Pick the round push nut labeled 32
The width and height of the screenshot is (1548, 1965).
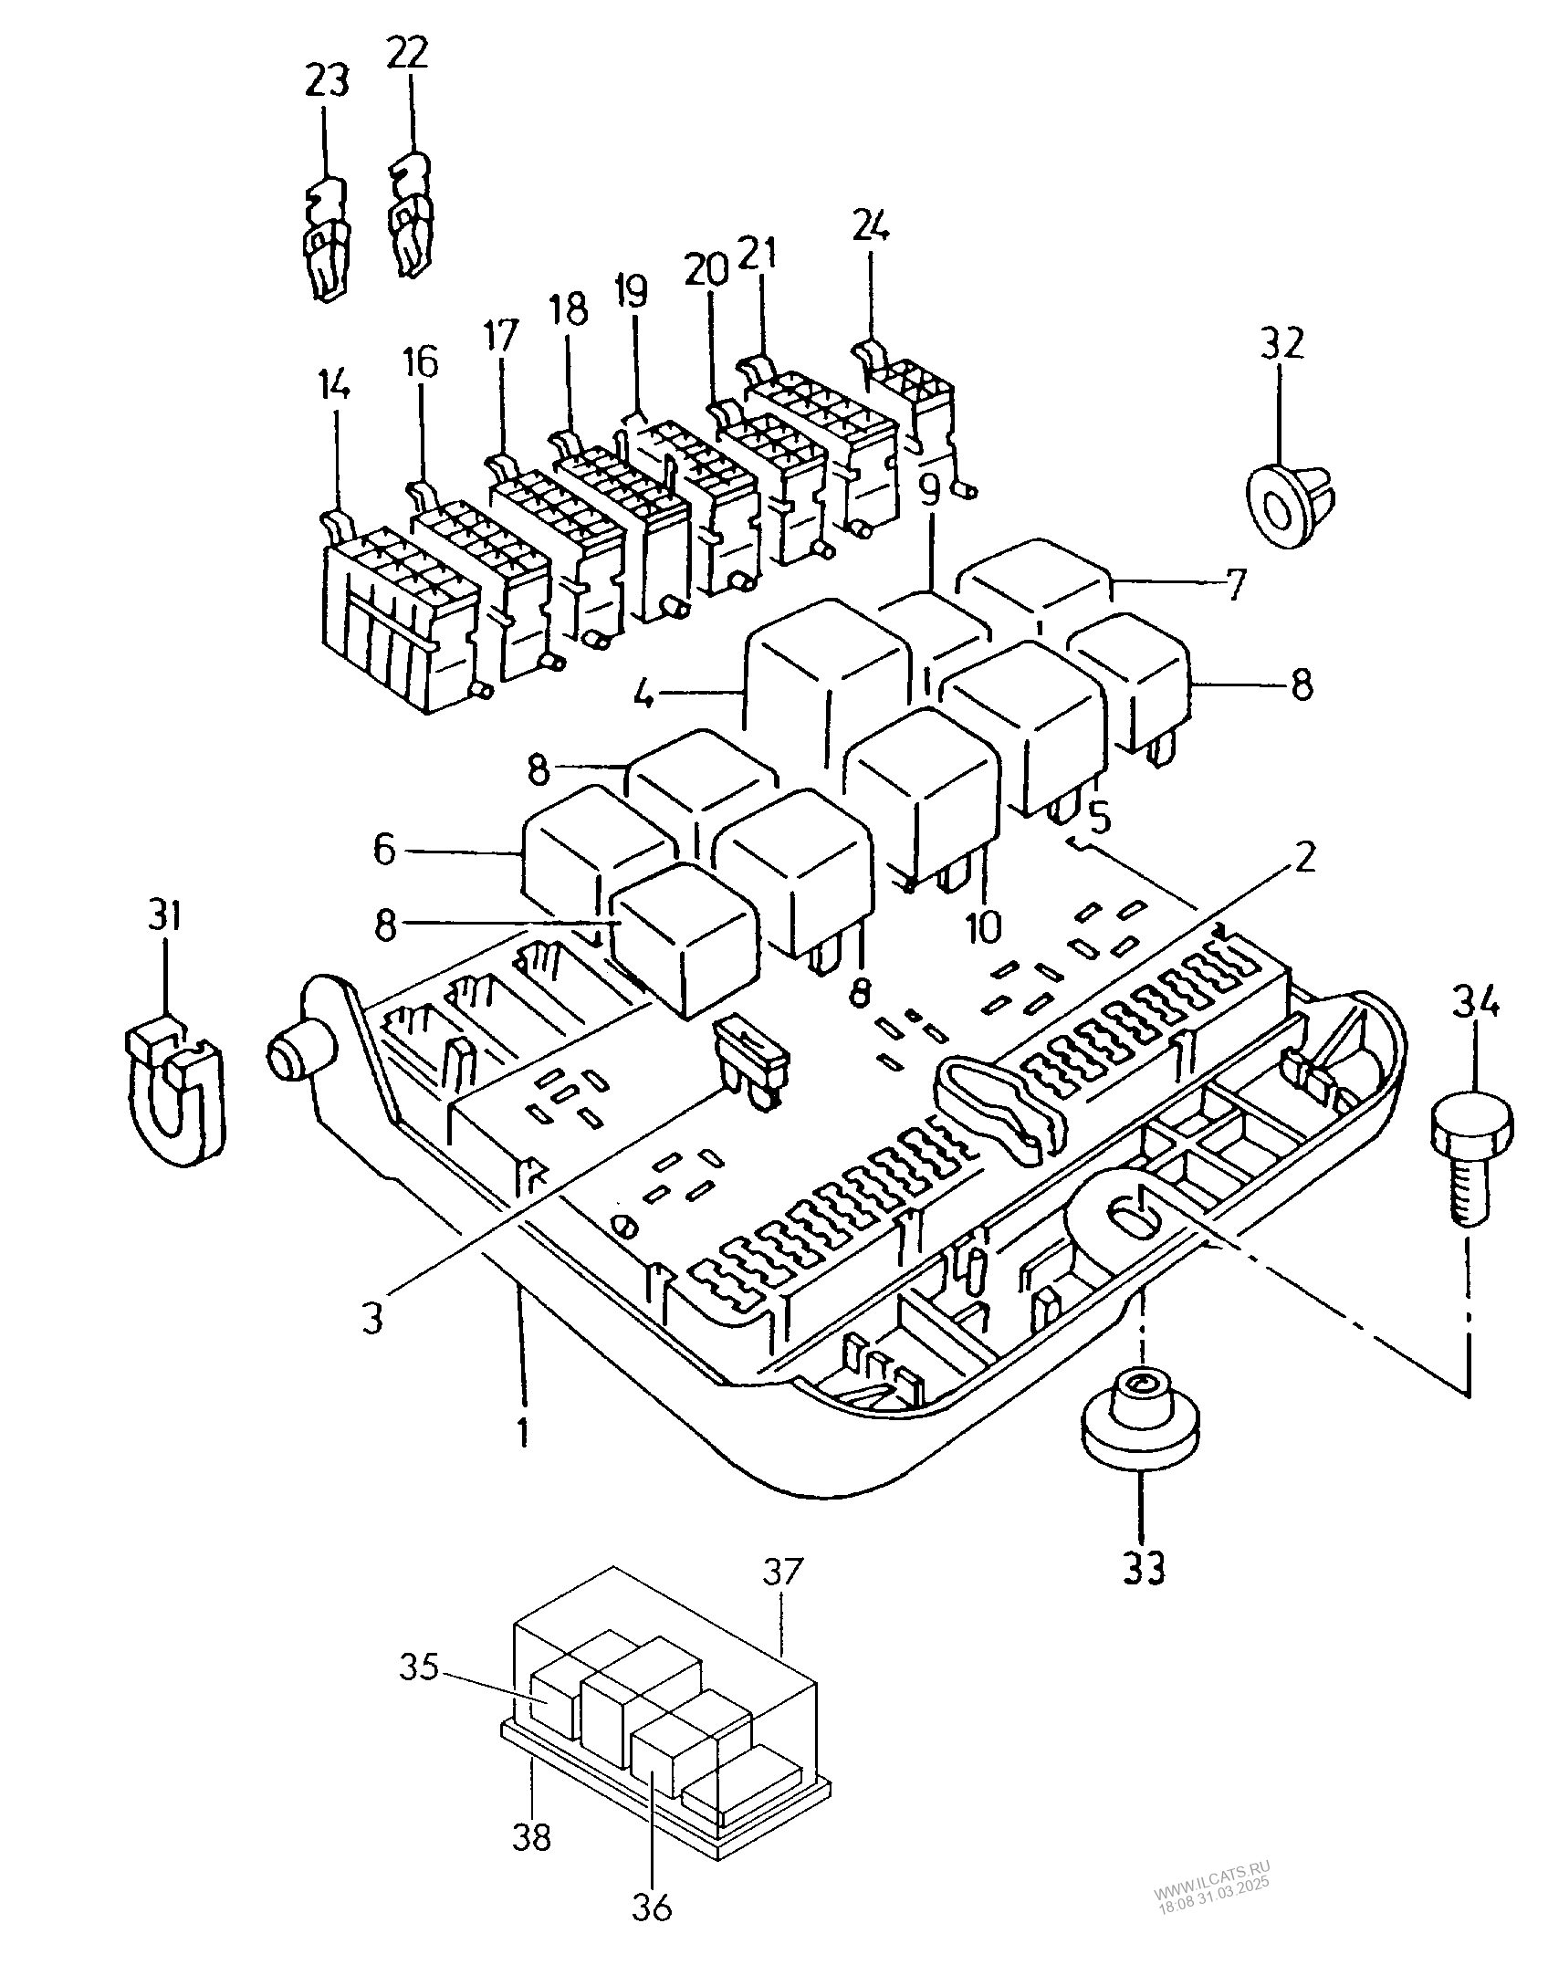click(1289, 502)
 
